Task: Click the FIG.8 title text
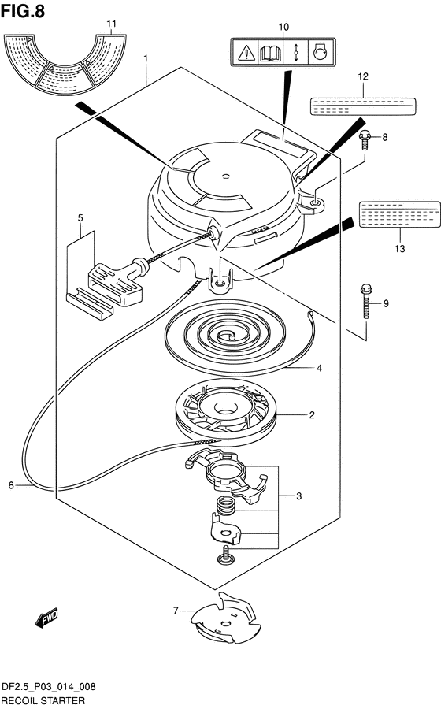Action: tap(23, 11)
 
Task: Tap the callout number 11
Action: tap(112, 24)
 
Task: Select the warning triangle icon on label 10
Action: tap(246, 53)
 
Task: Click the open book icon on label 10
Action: tap(271, 53)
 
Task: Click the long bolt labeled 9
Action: tap(366, 301)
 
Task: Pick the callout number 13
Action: tap(400, 248)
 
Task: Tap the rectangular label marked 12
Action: tap(362, 106)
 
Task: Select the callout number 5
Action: tap(80, 218)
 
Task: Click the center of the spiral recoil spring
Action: tap(225, 336)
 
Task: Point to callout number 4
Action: tap(319, 368)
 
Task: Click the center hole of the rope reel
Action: tap(224, 409)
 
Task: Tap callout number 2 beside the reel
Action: tap(312, 414)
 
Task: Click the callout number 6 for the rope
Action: tap(11, 485)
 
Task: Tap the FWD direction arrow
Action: tap(46, 618)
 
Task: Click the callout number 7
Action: tap(176, 611)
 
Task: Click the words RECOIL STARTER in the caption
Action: tap(43, 701)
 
